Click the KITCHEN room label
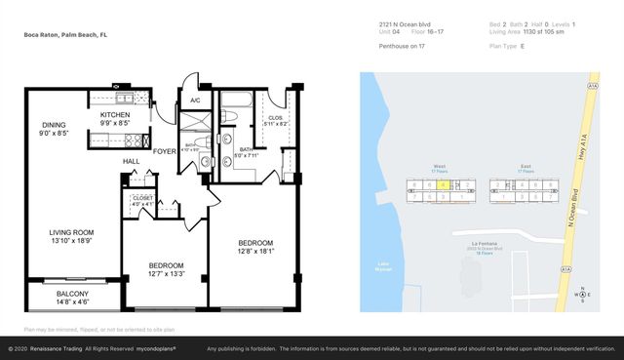tap(115, 114)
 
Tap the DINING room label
tap(54, 125)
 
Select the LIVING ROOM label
tap(71, 232)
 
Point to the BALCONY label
tap(72, 294)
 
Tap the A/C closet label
tap(195, 100)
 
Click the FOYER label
tap(164, 151)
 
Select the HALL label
tap(131, 161)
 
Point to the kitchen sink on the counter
tap(125, 98)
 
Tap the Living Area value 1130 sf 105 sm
tap(554, 31)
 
